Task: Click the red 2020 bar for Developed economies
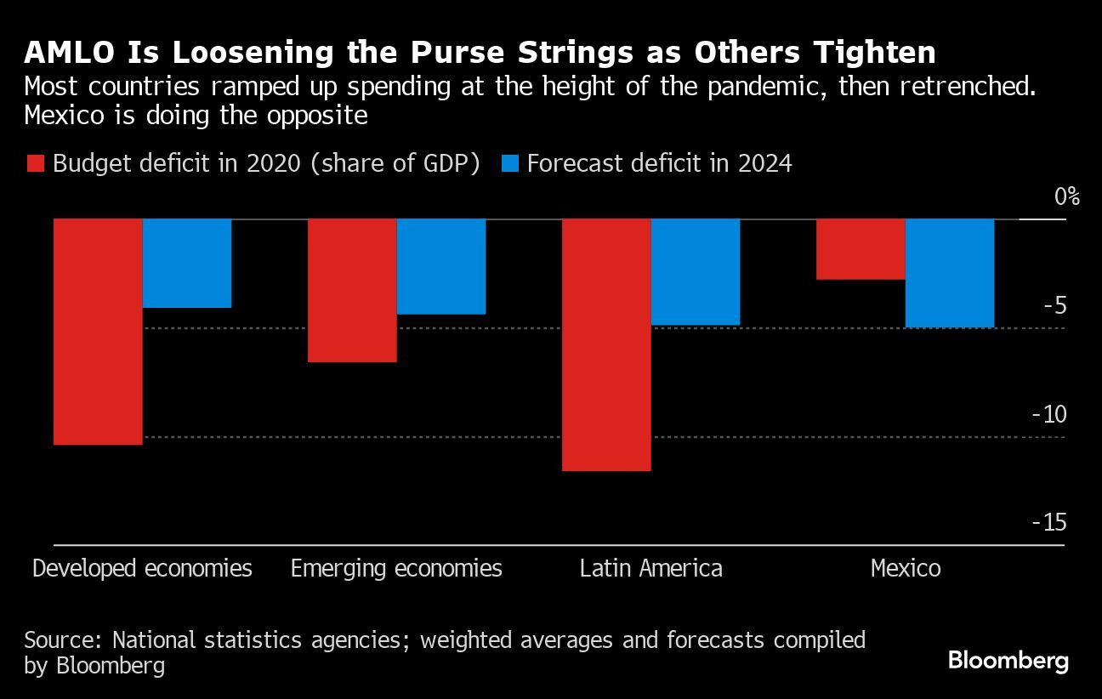98,332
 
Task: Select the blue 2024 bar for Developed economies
187,263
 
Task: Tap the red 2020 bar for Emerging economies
351,290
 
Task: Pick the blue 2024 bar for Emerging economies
441,266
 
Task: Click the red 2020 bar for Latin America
606,344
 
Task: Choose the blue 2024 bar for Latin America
696,271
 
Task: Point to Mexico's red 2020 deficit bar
861,249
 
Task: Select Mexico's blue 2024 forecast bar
950,273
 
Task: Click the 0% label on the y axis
1066,197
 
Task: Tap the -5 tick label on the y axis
1054,305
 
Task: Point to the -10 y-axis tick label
1048,414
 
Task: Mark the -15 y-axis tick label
1048,522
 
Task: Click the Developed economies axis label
142,568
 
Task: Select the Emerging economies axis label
396,568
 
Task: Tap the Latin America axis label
650,568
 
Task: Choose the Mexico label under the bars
906,568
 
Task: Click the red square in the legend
35,164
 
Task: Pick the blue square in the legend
509,164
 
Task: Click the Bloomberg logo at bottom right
1008,661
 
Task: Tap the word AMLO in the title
64,53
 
